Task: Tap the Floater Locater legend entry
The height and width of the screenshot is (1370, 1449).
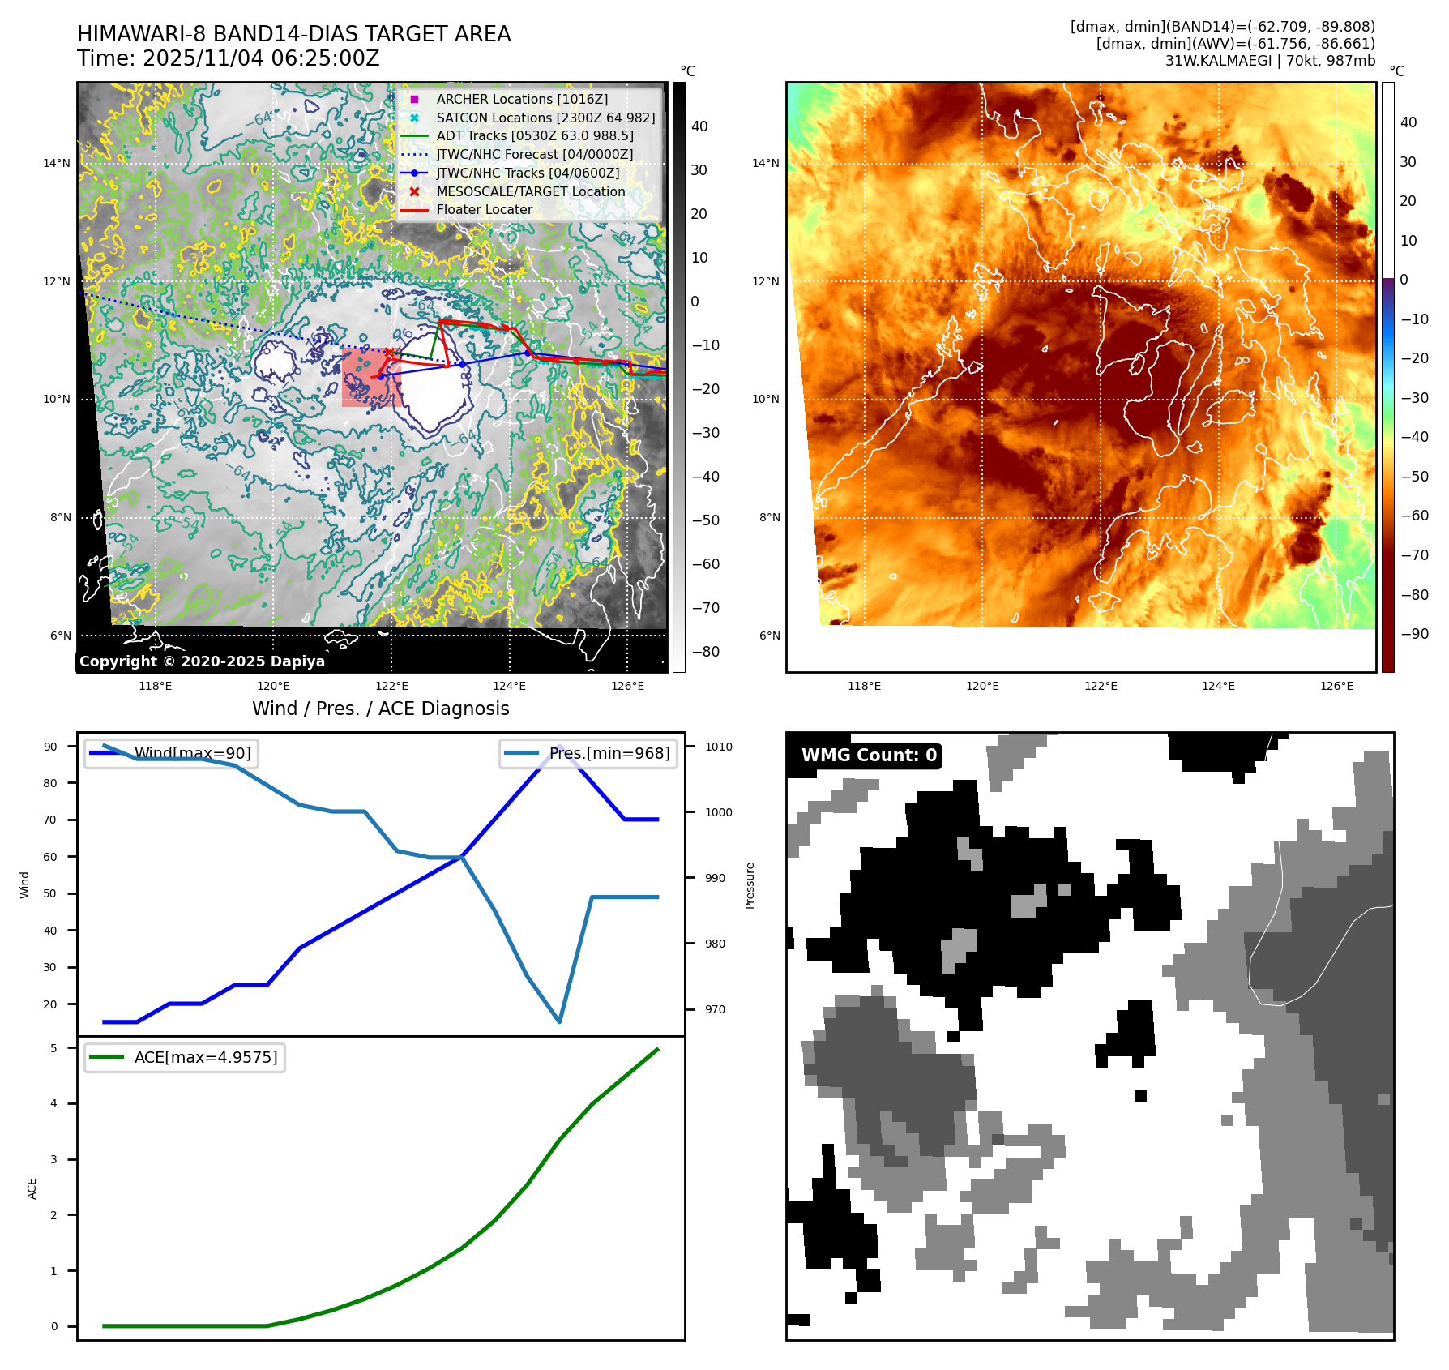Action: click(484, 209)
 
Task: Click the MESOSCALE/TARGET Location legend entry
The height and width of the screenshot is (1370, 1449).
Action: click(530, 191)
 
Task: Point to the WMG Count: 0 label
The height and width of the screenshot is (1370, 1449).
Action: click(868, 756)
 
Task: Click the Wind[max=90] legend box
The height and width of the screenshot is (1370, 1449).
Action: click(171, 753)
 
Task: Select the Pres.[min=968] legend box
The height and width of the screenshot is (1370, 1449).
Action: click(588, 753)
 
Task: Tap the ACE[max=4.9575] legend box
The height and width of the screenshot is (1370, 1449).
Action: click(185, 1057)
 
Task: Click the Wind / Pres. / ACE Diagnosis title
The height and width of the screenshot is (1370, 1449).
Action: click(381, 709)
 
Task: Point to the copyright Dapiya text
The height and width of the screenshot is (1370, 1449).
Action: click(202, 661)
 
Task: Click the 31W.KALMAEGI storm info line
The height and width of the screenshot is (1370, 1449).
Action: click(1269, 61)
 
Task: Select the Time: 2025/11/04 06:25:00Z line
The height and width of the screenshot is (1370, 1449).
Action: click(229, 58)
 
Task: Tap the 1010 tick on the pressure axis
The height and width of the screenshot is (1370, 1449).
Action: click(718, 747)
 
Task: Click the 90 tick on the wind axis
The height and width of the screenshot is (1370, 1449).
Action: click(51, 747)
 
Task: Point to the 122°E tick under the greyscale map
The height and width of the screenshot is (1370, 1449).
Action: click(391, 686)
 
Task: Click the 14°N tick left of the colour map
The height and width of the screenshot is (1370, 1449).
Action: click(765, 163)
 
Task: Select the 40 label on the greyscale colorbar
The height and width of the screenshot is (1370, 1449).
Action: click(699, 126)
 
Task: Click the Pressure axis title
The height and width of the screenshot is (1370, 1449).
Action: click(750, 885)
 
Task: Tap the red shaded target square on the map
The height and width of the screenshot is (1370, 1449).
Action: click(371, 378)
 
